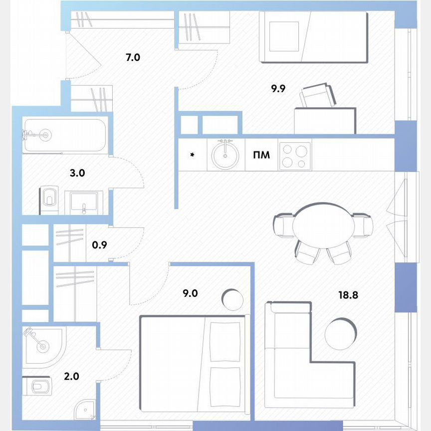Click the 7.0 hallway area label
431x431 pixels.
click(x=133, y=57)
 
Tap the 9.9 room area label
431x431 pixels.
click(x=278, y=89)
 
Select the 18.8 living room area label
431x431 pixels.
click(x=348, y=295)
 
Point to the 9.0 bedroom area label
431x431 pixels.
click(x=190, y=293)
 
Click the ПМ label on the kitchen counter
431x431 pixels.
click(x=262, y=155)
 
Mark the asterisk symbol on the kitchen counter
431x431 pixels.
click(x=192, y=155)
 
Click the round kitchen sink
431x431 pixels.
click(x=225, y=155)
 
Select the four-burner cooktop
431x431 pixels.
click(x=295, y=155)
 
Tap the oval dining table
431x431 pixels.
click(x=324, y=225)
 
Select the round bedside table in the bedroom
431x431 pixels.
click(x=232, y=300)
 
